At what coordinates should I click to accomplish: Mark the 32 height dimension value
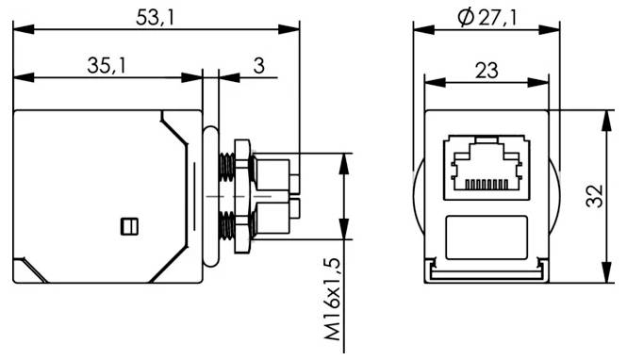click(x=593, y=196)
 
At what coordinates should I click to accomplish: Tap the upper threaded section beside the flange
click(x=227, y=167)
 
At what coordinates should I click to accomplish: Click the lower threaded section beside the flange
click(x=227, y=224)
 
